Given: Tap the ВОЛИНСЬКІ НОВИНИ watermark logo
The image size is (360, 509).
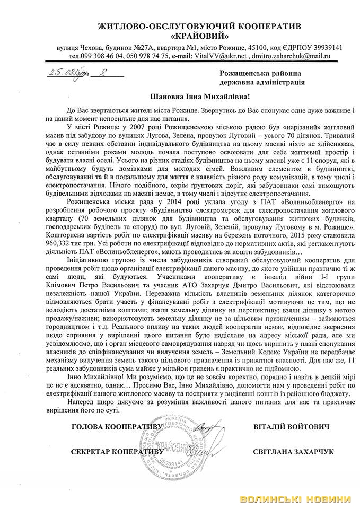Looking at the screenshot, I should pos(296,498).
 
